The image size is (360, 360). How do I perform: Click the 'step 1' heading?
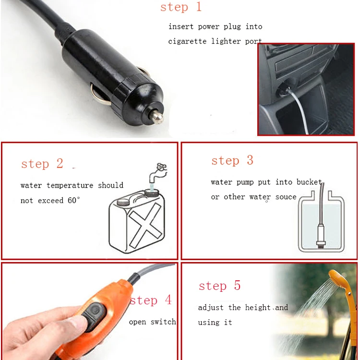pos(181,7)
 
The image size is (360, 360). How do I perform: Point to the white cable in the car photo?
pos(298,110)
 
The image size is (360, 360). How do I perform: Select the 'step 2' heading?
pos(42,164)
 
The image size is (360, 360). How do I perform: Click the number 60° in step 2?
pos(74,200)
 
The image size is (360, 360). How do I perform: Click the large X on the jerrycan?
pos(145,225)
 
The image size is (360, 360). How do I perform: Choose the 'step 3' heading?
pos(232,160)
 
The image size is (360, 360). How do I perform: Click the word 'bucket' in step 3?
pos(309,182)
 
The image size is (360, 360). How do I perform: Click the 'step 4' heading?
pos(151,300)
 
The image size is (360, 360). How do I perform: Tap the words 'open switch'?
pos(153,322)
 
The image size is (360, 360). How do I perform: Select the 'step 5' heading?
pos(219,286)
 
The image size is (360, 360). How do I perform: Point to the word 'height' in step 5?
pos(258,307)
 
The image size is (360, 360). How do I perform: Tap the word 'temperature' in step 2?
pos(70,185)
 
